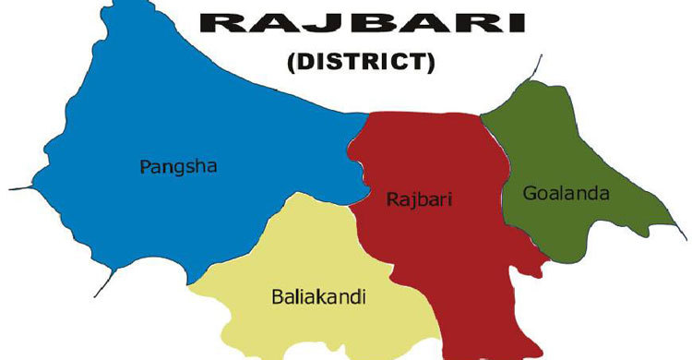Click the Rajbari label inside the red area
pos(410,198)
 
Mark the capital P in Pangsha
pos(144,167)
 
